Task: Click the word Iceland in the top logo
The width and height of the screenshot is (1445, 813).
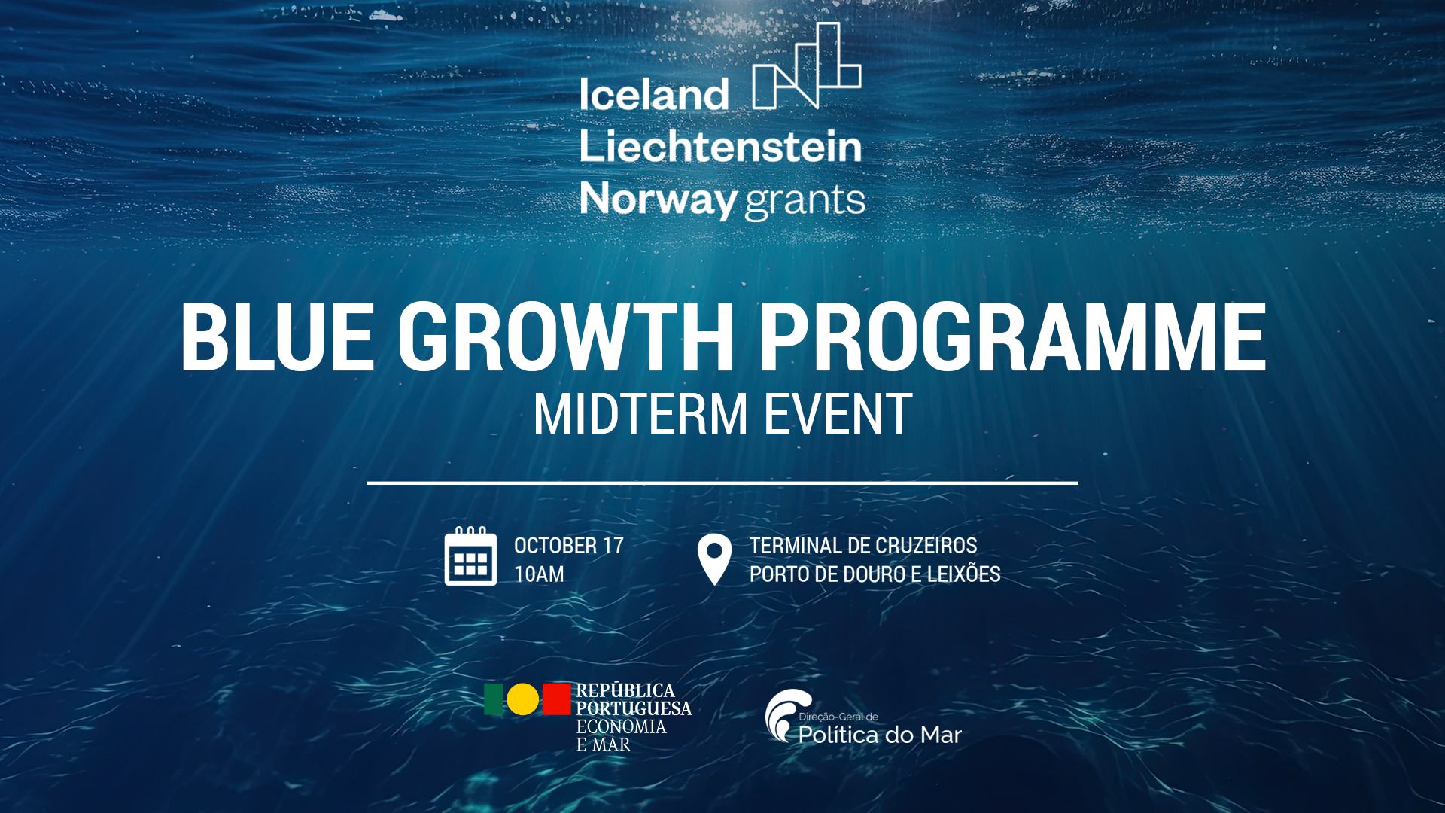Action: pyautogui.click(x=654, y=95)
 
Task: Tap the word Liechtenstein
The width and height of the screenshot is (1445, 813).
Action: pyautogui.click(x=720, y=146)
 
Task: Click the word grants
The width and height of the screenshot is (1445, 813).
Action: pyautogui.click(x=805, y=202)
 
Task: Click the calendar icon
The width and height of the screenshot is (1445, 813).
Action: pyautogui.click(x=470, y=556)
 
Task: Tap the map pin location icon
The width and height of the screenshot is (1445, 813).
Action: pyautogui.click(x=714, y=559)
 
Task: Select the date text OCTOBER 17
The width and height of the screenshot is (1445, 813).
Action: pyautogui.click(x=569, y=546)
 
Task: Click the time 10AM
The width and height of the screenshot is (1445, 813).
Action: pyautogui.click(x=539, y=574)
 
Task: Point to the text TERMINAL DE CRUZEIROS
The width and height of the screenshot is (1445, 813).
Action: pyautogui.click(x=863, y=546)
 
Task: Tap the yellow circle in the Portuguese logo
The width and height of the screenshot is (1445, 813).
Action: pyautogui.click(x=523, y=699)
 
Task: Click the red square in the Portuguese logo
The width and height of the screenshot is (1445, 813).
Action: pyautogui.click(x=557, y=699)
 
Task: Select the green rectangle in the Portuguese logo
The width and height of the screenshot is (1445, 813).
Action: pyautogui.click(x=494, y=699)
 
